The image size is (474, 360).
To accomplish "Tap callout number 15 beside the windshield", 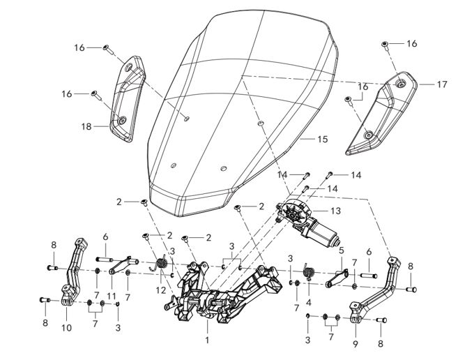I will [322, 140].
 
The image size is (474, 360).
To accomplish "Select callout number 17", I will [442, 84].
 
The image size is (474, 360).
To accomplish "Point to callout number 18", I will [86, 128].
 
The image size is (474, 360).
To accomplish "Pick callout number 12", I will [162, 290].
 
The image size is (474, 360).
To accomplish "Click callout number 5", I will [342, 249].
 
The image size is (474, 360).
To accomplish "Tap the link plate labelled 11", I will [121, 262].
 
